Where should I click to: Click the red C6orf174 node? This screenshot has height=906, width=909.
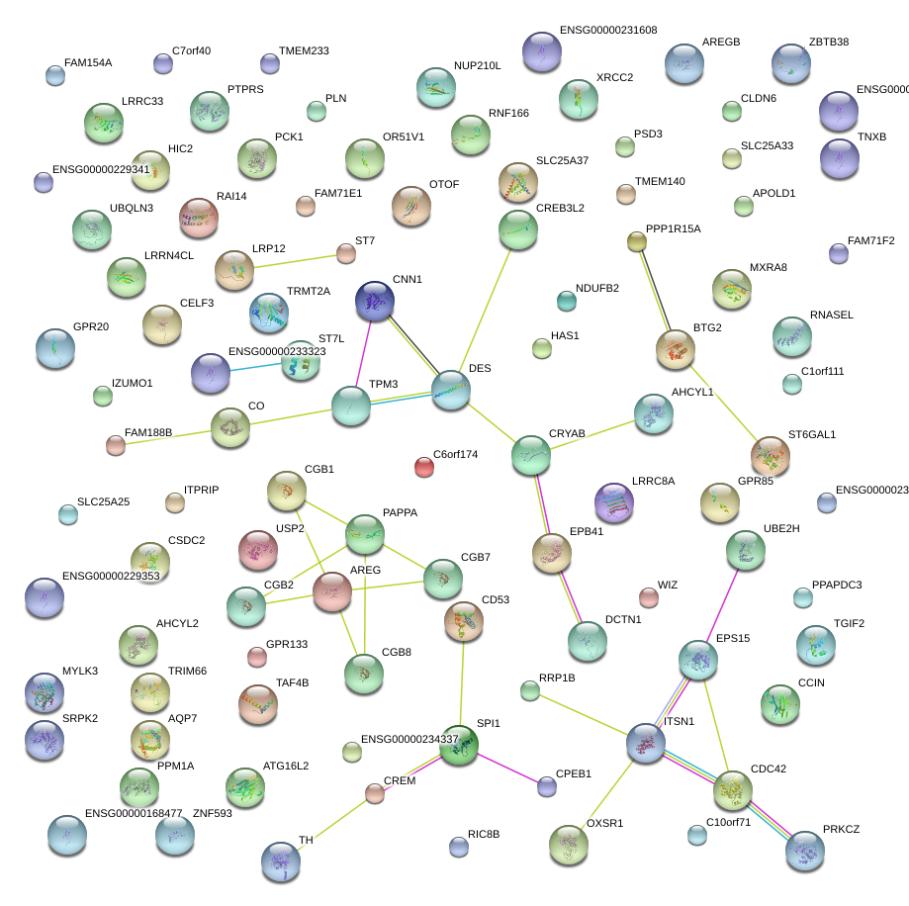pyautogui.click(x=424, y=466)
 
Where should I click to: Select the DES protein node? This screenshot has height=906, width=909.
pyautogui.click(x=450, y=390)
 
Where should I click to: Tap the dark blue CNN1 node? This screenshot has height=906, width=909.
pyautogui.click(x=375, y=300)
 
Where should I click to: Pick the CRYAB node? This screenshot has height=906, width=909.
pyautogui.click(x=531, y=454)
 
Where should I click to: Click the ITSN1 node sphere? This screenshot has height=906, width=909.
pyautogui.click(x=645, y=743)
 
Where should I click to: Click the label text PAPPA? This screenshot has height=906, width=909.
pyautogui.click(x=400, y=513)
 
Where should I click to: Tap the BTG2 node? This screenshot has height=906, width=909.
pyautogui.click(x=676, y=349)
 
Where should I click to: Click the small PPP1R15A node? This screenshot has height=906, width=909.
pyautogui.click(x=637, y=241)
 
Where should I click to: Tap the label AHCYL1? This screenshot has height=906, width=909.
pyautogui.click(x=692, y=392)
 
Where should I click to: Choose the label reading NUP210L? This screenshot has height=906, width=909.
pyautogui.click(x=478, y=66)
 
